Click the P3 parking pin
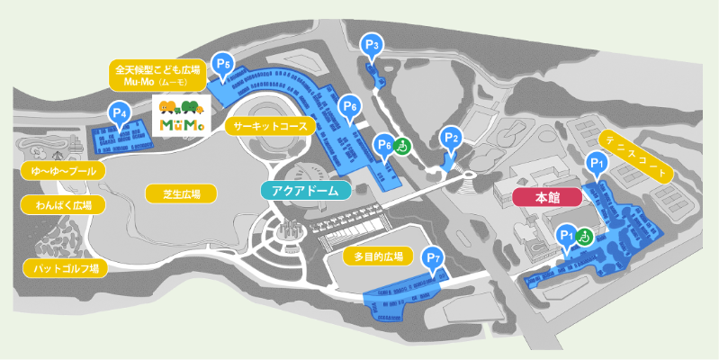pyautogui.click(x=372, y=44)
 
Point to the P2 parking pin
pyautogui.click(x=452, y=138)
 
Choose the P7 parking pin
pyautogui.click(x=434, y=257)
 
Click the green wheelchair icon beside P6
pyautogui.click(x=402, y=144)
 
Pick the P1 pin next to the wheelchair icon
pyautogui.click(x=566, y=234)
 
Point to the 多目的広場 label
pyautogui.click(x=377, y=256)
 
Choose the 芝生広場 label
pyautogui.click(x=181, y=193)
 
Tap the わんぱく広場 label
pyautogui.click(x=62, y=205)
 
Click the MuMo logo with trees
pyautogui.click(x=183, y=117)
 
